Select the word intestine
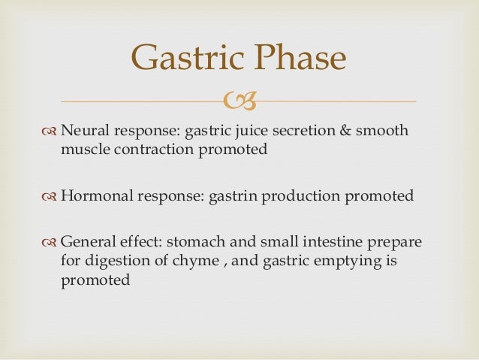pyautogui.click(x=351, y=243)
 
